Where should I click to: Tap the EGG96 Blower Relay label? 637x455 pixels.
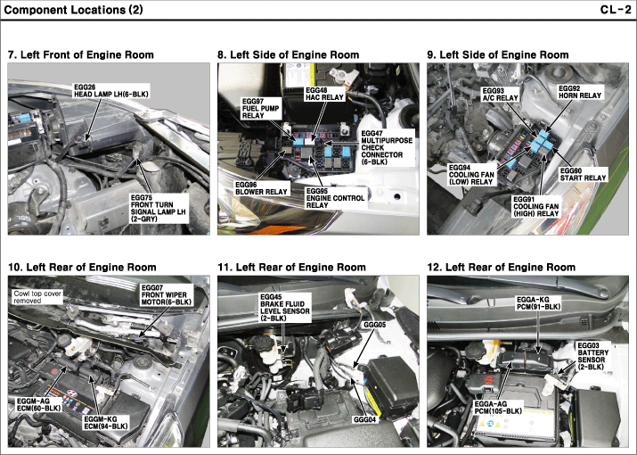tap(260, 187)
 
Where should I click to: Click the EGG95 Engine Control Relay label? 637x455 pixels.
tap(335, 197)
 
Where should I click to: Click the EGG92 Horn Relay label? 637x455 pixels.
tap(580, 93)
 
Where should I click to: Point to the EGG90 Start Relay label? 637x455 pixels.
tap(583, 174)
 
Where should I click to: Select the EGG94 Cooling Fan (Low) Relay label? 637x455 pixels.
tap(471, 174)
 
